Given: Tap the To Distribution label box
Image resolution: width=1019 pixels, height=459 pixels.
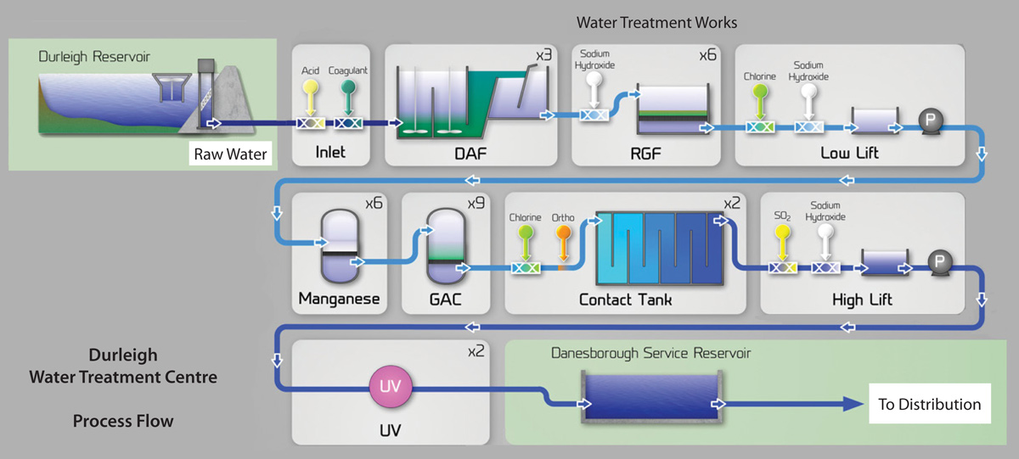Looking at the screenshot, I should (x=929, y=405).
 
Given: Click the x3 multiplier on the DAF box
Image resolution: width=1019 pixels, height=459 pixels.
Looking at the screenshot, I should (x=543, y=56).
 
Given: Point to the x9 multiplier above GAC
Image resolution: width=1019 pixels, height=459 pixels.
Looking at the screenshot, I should (x=476, y=204).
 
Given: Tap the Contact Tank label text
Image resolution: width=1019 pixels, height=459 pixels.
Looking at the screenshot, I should (x=625, y=299).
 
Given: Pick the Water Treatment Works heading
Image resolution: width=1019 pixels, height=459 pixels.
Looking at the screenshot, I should (x=656, y=21).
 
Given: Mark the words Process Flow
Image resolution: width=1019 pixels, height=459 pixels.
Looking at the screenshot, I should (x=122, y=421).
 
